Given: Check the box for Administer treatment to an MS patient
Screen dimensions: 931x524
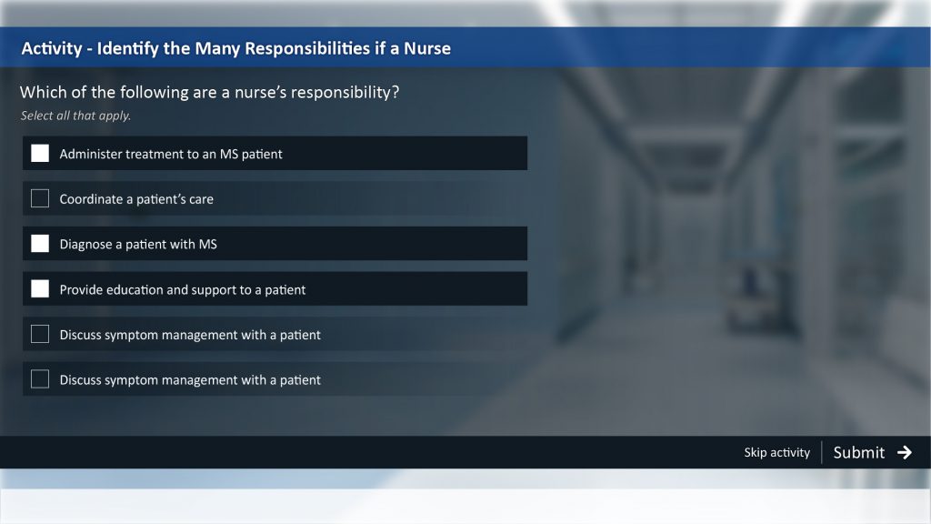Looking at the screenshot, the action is tap(40, 153).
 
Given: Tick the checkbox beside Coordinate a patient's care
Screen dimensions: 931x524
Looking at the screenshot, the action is tap(40, 198).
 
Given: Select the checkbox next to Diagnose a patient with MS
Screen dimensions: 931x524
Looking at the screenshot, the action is tap(40, 244).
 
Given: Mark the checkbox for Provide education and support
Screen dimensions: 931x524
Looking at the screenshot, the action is tap(40, 288).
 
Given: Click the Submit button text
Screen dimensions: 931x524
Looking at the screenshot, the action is tap(858, 453).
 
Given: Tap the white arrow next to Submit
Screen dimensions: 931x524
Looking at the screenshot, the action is tap(905, 453).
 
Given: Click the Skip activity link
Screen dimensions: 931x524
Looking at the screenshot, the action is tap(776, 453).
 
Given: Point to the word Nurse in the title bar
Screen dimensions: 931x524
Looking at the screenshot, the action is tap(427, 48).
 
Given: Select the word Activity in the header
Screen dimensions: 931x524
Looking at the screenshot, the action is tap(52, 48).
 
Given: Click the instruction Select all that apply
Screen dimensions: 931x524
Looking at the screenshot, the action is tap(75, 116).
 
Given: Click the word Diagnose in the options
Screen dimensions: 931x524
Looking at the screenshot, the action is tap(85, 244).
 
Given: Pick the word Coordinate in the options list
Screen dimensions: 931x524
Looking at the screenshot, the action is tap(91, 199).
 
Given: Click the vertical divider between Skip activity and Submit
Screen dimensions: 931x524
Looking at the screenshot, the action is tap(822, 452).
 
